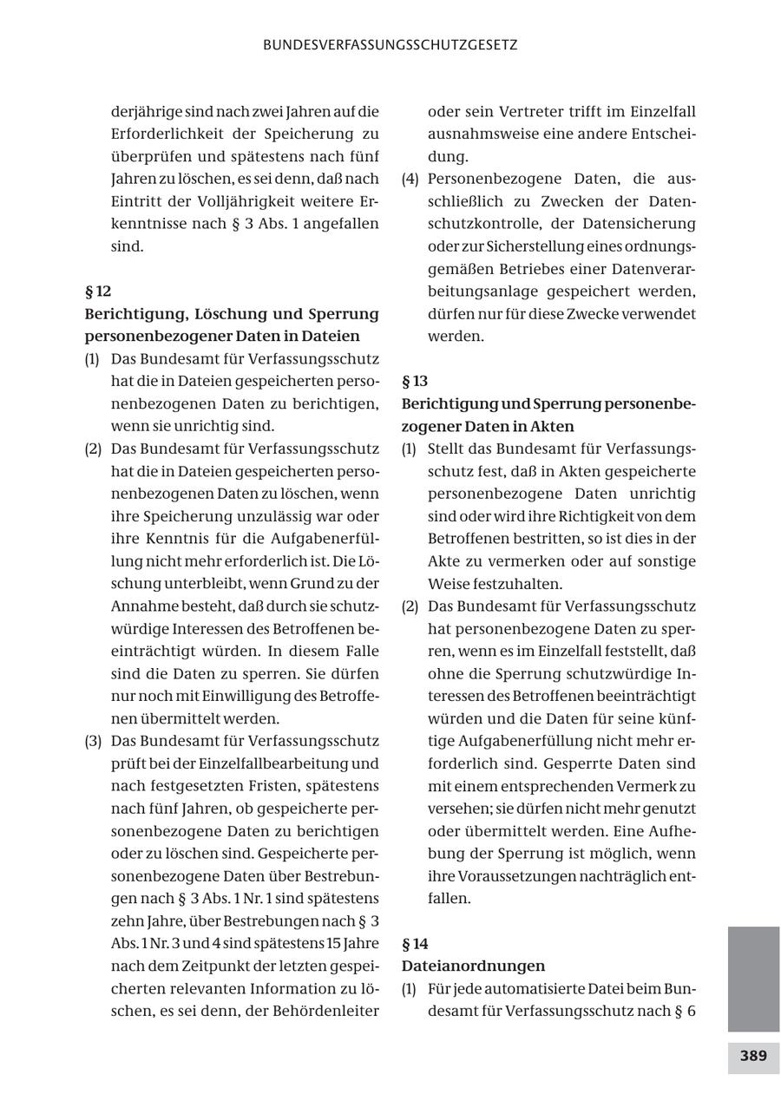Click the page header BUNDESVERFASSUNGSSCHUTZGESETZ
(x=390, y=45)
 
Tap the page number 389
(x=753, y=1056)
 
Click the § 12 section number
(x=98, y=291)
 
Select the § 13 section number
(x=415, y=381)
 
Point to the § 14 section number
(x=415, y=944)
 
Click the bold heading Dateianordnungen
(x=473, y=966)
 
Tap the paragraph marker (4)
(x=410, y=179)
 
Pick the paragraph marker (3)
(x=93, y=741)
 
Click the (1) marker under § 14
(x=410, y=989)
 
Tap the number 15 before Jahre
(x=333, y=944)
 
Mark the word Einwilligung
(x=247, y=696)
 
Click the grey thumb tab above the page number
(x=753, y=979)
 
